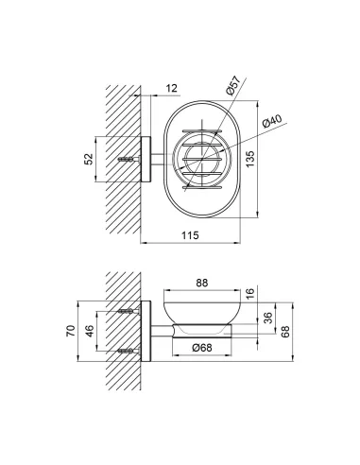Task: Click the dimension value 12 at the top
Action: (172, 88)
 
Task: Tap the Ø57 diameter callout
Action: (233, 85)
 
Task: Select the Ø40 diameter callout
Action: (271, 121)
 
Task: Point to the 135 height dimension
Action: (249, 159)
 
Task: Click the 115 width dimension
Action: (190, 235)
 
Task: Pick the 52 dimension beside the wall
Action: (89, 159)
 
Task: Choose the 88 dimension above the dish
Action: (202, 283)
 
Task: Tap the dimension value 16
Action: (249, 294)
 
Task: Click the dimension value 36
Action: (267, 318)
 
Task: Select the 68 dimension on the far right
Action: (285, 332)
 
